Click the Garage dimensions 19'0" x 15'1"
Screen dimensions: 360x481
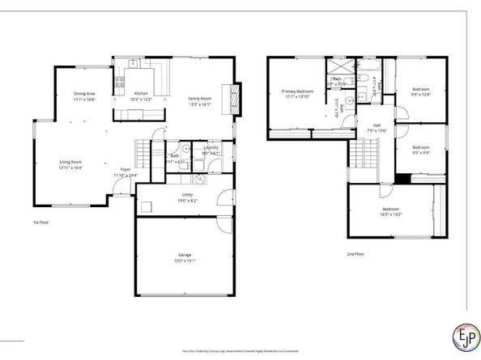185,261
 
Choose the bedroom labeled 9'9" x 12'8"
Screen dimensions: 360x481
420,91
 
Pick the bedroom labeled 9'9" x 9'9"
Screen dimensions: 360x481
420,150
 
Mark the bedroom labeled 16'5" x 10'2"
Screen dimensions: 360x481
392,213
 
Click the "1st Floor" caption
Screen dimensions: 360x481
41,222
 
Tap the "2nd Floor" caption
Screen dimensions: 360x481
355,253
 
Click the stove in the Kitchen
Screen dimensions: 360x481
118,80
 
